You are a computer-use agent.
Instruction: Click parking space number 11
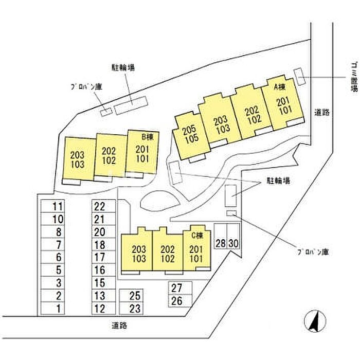pyautogui.click(x=52, y=206)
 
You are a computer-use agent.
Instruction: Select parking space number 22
pyautogui.click(x=103, y=206)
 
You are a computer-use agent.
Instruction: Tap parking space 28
pyautogui.click(x=221, y=236)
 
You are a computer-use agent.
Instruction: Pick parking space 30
pyautogui.click(x=233, y=236)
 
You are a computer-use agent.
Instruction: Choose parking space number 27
pyautogui.click(x=180, y=287)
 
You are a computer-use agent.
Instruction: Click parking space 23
pyautogui.click(x=131, y=308)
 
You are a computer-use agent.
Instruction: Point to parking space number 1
pyautogui.click(x=52, y=308)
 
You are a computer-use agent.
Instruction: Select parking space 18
pyautogui.click(x=103, y=244)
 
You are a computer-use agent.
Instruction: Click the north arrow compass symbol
pyautogui.click(x=315, y=321)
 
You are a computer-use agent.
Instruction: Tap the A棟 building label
pyautogui.click(x=280, y=87)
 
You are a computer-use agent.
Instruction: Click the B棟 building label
pyautogui.click(x=147, y=137)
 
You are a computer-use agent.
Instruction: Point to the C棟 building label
pyautogui.click(x=197, y=235)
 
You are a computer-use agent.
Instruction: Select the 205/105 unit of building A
pyautogui.click(x=191, y=135)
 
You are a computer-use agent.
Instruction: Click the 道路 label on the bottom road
pyautogui.click(x=119, y=326)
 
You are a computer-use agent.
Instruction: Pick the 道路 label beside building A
pyautogui.click(x=322, y=112)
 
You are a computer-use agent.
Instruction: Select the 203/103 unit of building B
pyautogui.click(x=79, y=159)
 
